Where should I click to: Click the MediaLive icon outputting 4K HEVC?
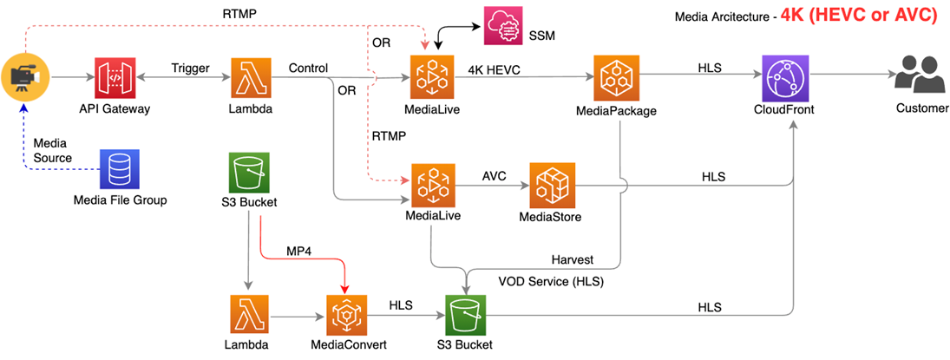point(431,79)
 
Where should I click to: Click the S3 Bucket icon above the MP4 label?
point(249,174)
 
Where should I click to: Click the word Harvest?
point(572,260)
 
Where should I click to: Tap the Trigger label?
point(190,69)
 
